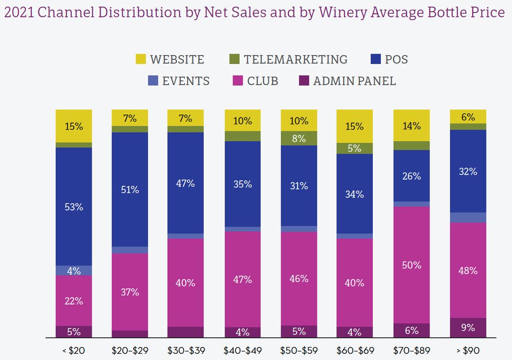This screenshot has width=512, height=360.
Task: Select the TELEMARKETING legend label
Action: tap(295, 59)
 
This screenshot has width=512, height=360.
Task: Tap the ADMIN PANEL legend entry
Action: tap(354, 81)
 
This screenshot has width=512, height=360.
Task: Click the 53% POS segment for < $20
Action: tap(74, 206)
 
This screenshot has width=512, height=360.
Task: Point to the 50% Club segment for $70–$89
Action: tap(411, 265)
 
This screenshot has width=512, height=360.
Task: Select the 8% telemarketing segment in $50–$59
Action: tap(298, 138)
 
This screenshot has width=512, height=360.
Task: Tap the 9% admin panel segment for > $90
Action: tap(467, 328)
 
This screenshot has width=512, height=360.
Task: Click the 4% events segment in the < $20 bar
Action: tap(74, 270)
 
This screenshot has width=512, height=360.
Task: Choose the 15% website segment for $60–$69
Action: tap(355, 126)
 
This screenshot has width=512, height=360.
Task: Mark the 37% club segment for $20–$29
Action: tap(130, 291)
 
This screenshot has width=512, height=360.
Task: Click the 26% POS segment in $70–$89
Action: tap(411, 176)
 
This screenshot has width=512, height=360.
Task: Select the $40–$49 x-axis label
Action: tap(242, 351)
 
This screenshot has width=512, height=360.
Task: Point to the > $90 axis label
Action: tap(467, 351)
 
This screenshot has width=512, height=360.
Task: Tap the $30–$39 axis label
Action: tap(186, 351)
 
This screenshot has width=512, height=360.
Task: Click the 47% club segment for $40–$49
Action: tap(242, 279)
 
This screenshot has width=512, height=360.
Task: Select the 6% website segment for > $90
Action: tap(467, 116)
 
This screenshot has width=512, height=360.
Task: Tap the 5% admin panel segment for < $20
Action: tap(74, 332)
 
